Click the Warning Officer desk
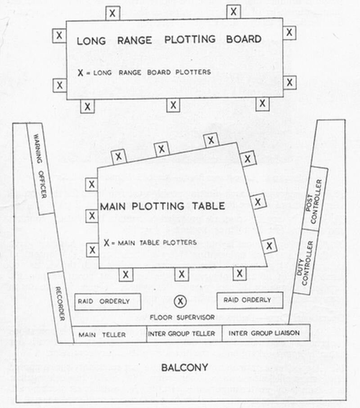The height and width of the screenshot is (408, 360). click(x=40, y=169)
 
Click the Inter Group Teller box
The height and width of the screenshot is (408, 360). click(x=184, y=334)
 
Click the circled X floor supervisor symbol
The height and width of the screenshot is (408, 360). click(x=180, y=300)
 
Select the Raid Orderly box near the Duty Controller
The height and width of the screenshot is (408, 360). click(x=250, y=300)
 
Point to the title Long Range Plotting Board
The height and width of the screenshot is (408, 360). click(x=169, y=40)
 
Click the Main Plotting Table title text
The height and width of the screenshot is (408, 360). click(x=162, y=206)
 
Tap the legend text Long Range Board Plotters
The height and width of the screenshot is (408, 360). click(x=144, y=72)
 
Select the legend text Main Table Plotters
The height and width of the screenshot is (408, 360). click(x=151, y=243)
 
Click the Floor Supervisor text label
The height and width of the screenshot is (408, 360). click(x=182, y=317)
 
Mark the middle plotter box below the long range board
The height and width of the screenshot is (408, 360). click(x=173, y=105)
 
